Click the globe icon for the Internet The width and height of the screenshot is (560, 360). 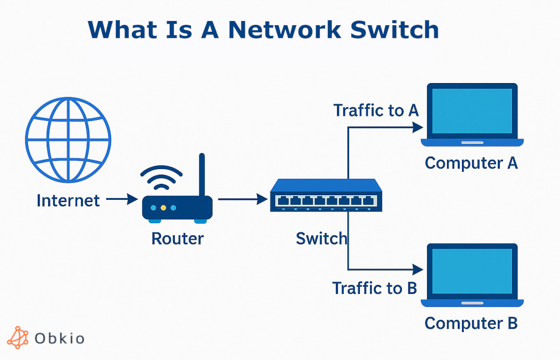[68, 140]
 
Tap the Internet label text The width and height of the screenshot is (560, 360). [68, 201]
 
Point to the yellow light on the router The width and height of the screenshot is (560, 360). [163, 207]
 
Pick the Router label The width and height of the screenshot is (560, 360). [177, 239]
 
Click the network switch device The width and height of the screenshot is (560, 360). [326, 196]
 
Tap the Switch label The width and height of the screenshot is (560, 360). [322, 239]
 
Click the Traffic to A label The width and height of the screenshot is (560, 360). [376, 111]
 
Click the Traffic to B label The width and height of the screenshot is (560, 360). [374, 288]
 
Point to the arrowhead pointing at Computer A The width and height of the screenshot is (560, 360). [418, 127]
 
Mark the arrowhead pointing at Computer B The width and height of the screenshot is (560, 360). [418, 269]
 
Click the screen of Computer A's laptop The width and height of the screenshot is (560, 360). [472, 111]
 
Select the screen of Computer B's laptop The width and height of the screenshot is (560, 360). [472, 271]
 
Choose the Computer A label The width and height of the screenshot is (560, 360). [471, 163]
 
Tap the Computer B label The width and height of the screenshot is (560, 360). [471, 323]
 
